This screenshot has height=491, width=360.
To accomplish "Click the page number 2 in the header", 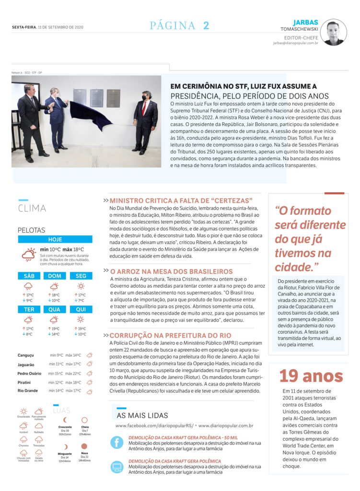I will click(x=206, y=26).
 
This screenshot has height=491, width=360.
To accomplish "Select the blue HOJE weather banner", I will click(x=55, y=239).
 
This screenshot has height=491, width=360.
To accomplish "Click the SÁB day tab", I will click(x=29, y=276).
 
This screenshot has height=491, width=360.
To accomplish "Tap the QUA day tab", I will click(x=54, y=309).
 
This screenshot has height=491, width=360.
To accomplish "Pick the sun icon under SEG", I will click(x=81, y=286).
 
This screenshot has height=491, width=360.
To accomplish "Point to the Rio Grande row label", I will click(x=27, y=391).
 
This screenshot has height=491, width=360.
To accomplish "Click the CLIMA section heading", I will click(x=32, y=208).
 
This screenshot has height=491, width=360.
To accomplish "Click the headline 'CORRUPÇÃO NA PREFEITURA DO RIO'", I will click(x=170, y=335).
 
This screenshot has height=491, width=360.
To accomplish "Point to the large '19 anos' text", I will click(x=311, y=376).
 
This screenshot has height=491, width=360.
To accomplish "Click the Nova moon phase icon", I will click(x=84, y=446).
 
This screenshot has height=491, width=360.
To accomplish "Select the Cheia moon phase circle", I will click(x=84, y=420).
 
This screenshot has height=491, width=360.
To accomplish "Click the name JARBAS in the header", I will click(x=306, y=22).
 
